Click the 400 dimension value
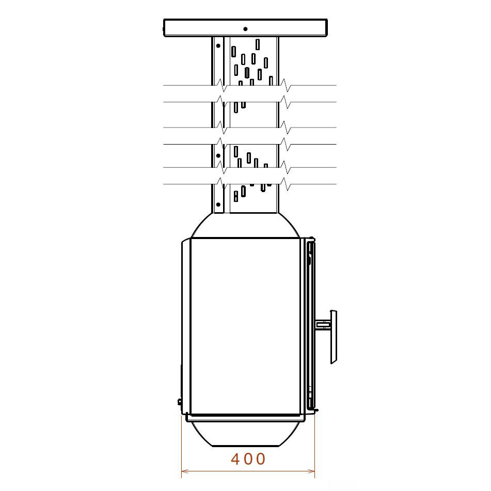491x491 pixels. click(x=248, y=459)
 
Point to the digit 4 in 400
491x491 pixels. click(x=236, y=459)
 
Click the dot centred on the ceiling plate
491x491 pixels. click(x=246, y=29)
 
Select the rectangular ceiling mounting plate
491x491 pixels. click(x=246, y=27)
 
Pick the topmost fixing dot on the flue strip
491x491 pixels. click(x=218, y=46)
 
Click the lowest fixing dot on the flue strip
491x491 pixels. click(x=218, y=204)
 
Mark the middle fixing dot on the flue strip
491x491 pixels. click(x=218, y=155)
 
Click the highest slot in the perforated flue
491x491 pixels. click(x=258, y=44)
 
